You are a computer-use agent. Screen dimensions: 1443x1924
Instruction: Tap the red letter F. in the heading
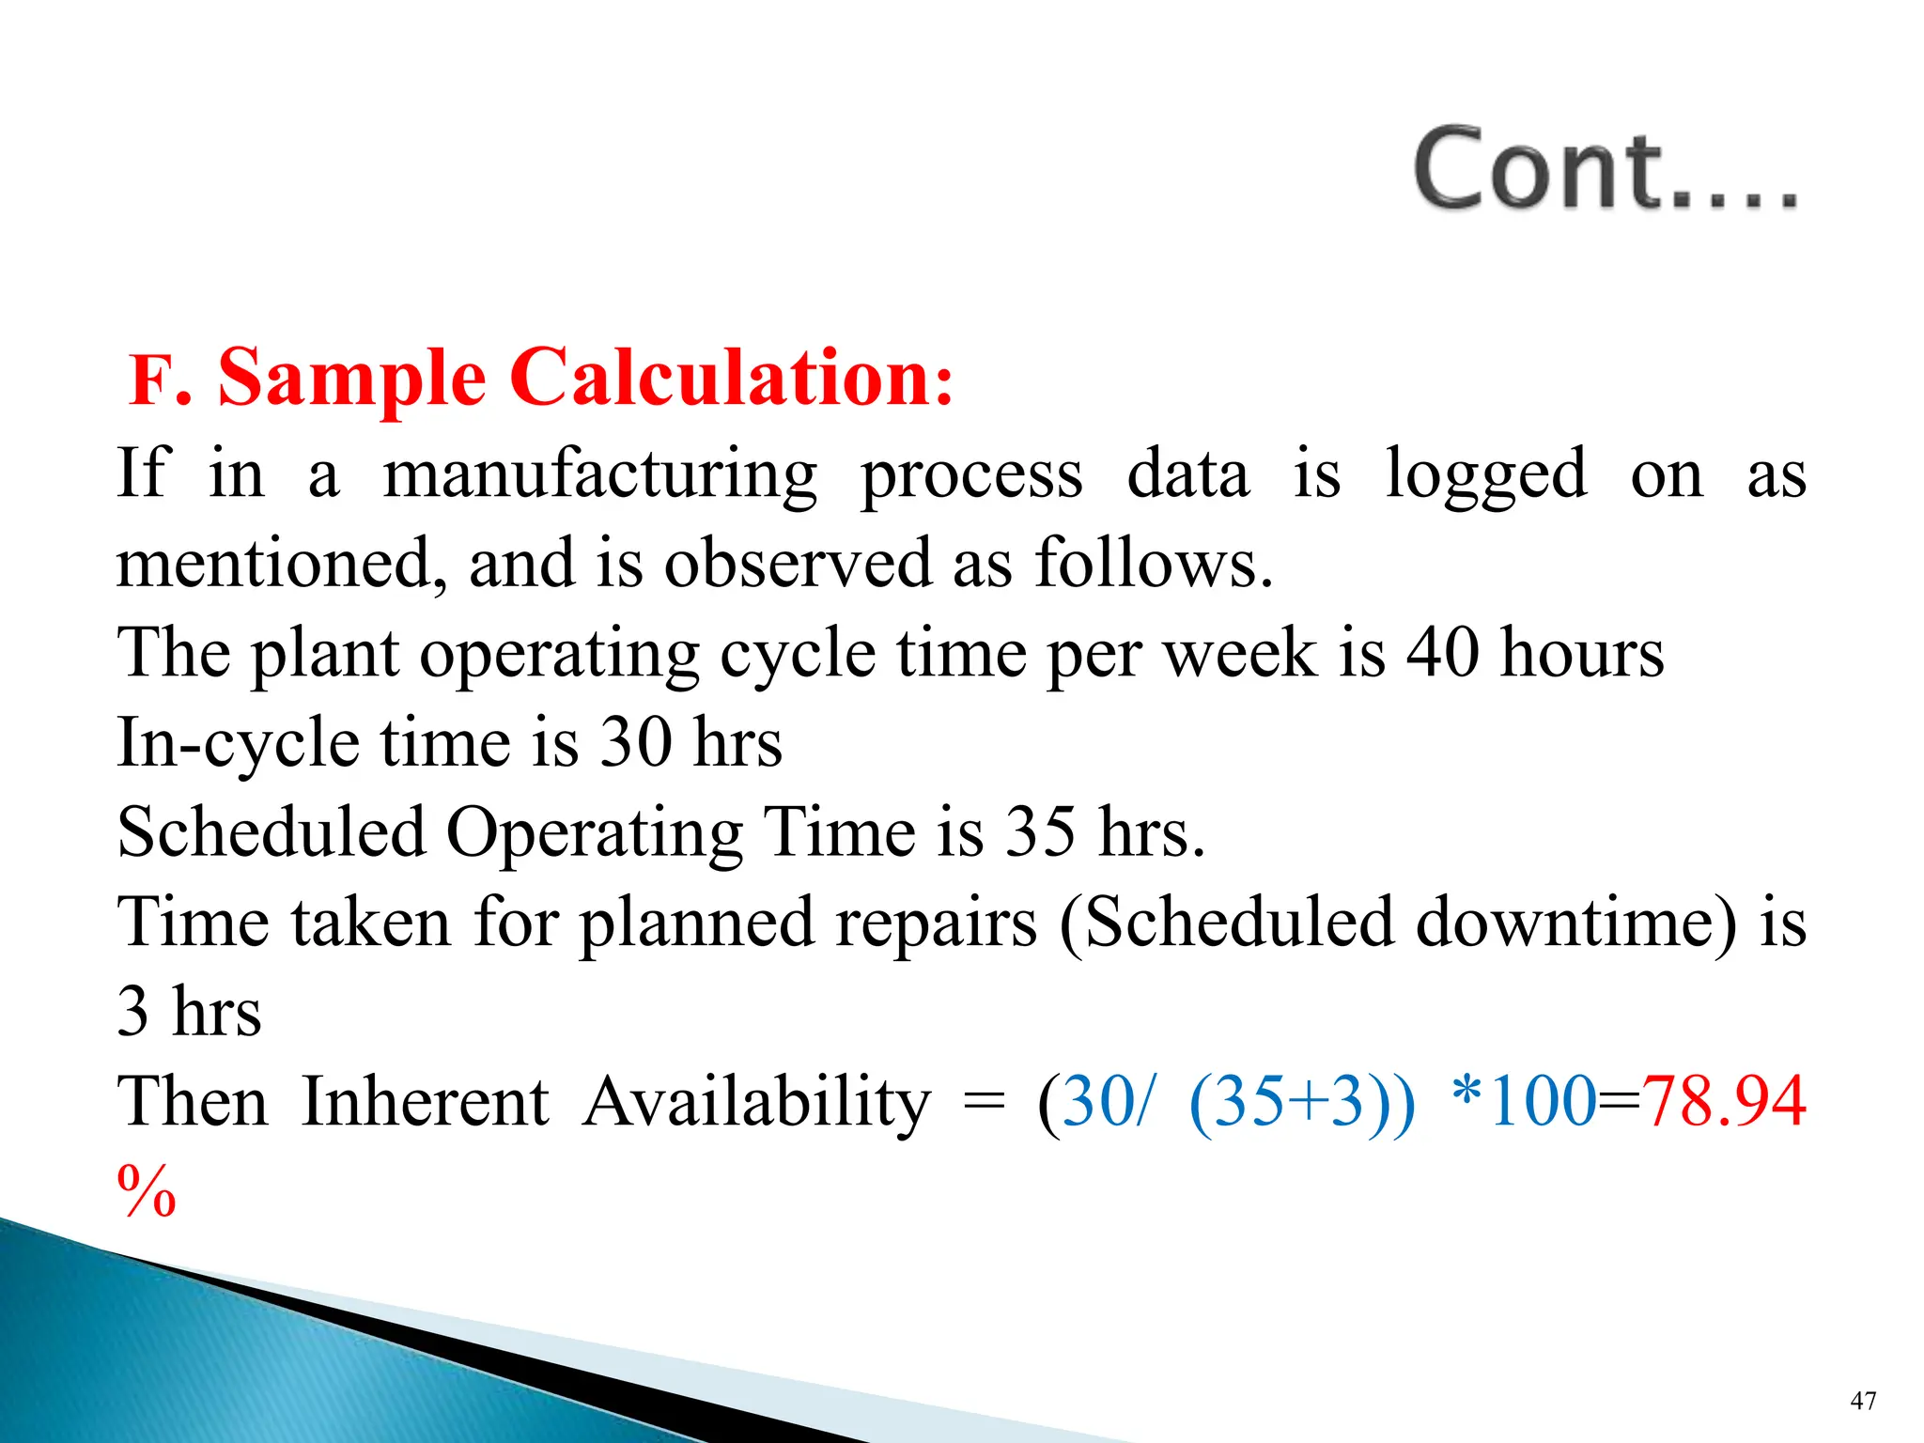160,380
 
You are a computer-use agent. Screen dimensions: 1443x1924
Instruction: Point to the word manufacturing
600,475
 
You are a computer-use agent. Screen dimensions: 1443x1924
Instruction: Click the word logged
1486,475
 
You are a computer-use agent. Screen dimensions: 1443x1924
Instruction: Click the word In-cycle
238,743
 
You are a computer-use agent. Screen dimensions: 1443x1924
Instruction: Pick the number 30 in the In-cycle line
636,742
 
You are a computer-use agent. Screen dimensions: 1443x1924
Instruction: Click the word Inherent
426,1101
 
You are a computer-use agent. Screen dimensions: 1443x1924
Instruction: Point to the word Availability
756,1101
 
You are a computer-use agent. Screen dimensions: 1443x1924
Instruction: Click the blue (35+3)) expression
1301,1101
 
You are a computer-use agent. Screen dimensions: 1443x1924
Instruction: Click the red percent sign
147,1190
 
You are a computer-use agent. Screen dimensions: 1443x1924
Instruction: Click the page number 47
1862,1401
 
